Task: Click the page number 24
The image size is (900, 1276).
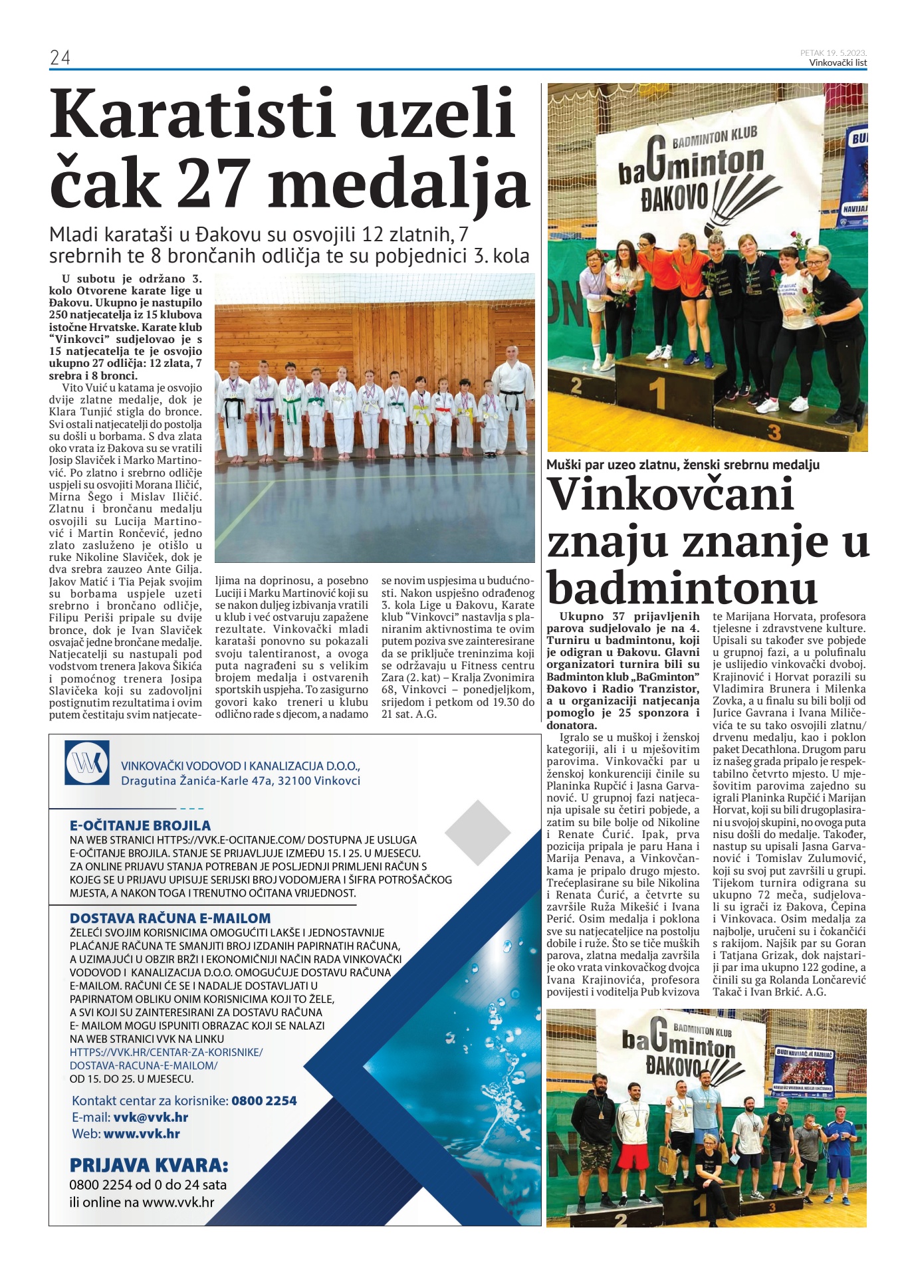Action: click(60, 58)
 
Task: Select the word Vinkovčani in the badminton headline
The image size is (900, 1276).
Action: click(671, 495)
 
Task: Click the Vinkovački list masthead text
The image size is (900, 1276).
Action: click(838, 63)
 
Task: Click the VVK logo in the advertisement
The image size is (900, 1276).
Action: click(87, 762)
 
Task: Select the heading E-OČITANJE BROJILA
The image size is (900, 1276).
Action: click(140, 826)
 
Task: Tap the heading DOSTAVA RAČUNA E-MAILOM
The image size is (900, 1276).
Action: click(170, 918)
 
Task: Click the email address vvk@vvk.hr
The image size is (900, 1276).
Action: click(150, 1118)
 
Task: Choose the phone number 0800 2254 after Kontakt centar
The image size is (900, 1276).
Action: click(264, 1101)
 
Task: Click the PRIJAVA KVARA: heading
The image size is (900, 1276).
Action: click(149, 1166)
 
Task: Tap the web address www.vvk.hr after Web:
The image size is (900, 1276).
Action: click(142, 1134)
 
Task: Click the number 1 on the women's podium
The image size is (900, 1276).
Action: click(657, 392)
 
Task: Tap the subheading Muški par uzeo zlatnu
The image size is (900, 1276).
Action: click(683, 465)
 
